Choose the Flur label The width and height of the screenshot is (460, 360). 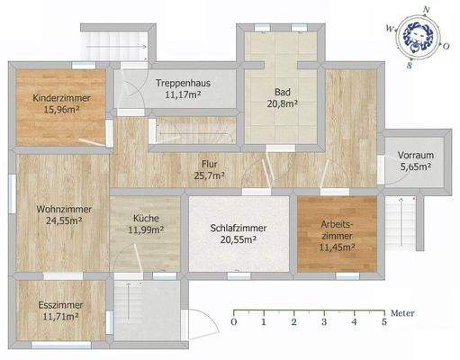[211, 164]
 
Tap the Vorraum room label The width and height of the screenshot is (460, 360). [415, 156]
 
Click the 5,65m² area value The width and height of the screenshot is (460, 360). [415, 167]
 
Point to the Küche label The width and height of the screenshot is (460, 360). [147, 218]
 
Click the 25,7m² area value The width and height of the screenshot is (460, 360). [211, 175]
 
